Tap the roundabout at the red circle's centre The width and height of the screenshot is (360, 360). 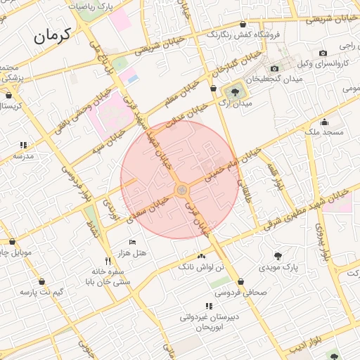181,190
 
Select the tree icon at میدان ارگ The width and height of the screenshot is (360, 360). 233,91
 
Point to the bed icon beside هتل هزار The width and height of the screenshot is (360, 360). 133,242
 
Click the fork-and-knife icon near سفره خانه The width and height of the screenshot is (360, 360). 108,259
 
